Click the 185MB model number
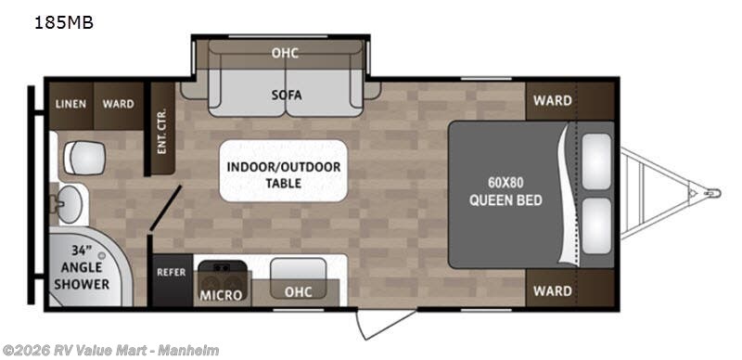tap(64, 22)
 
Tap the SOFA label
tap(287, 96)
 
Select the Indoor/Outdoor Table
tap(284, 171)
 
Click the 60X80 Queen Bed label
tap(505, 191)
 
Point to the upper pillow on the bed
tap(596, 161)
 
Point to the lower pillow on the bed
tap(596, 225)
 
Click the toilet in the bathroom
tap(83, 158)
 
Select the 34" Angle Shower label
tap(82, 267)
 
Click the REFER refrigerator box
tap(173, 280)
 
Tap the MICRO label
tap(221, 295)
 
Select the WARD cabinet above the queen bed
tap(569, 101)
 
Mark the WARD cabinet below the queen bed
tap(569, 289)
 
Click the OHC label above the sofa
tap(285, 53)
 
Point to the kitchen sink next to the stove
tap(298, 278)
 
